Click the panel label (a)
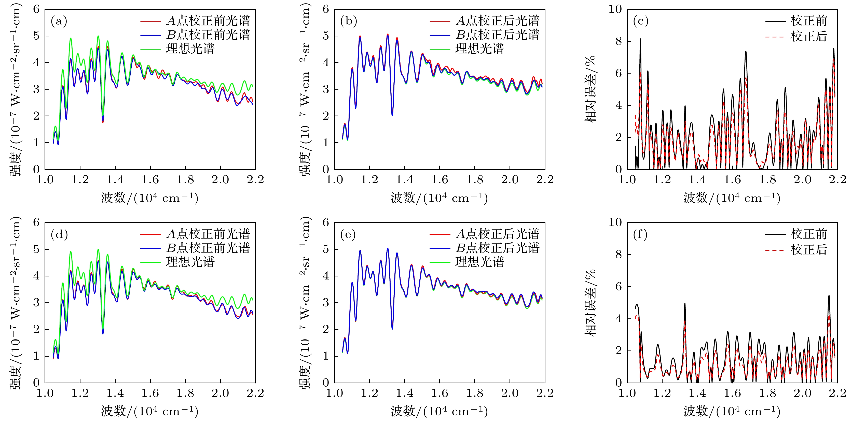[59, 21]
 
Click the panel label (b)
[348, 21]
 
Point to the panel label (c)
[640, 21]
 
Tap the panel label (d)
[59, 235]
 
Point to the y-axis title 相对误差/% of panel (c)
[590, 89]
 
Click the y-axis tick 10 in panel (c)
[615, 9]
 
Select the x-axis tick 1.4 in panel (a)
[115, 180]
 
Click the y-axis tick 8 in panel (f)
[619, 255]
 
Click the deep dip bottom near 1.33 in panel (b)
[392, 115]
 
